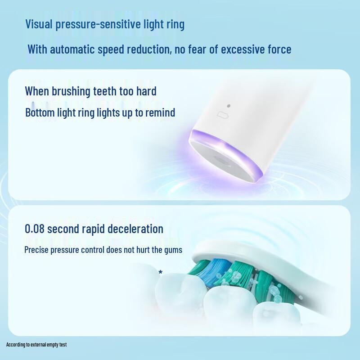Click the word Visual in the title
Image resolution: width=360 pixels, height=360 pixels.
[39, 24]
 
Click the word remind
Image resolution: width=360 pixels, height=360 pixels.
[161, 112]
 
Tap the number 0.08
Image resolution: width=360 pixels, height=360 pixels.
[35, 228]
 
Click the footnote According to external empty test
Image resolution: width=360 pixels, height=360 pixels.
[36, 345]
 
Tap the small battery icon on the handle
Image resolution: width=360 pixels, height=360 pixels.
[223, 116]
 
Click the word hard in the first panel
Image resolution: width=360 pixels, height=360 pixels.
[146, 91]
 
